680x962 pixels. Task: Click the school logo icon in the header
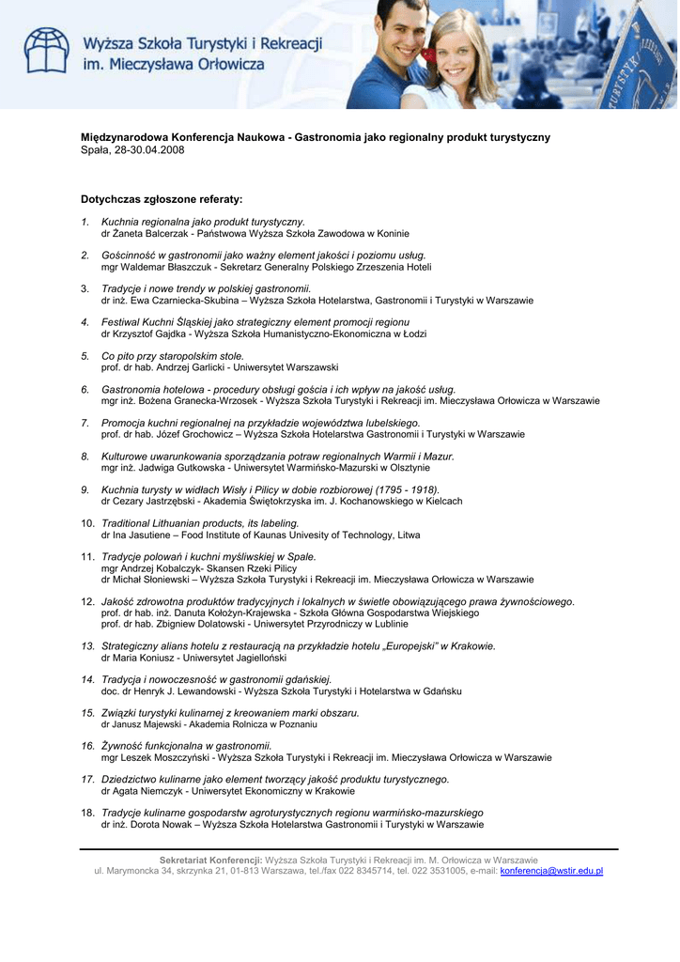[x=47, y=51]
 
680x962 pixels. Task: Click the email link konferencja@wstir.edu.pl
[x=551, y=871]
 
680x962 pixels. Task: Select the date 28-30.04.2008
[x=148, y=150]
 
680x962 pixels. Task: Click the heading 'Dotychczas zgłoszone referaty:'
[x=162, y=199]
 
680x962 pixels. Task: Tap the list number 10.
[x=87, y=522]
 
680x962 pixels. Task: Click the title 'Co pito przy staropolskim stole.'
[x=172, y=356]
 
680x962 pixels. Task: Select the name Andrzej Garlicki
[x=180, y=367]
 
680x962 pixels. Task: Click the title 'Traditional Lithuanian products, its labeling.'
[x=200, y=522]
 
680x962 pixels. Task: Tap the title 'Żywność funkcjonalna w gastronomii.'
[x=186, y=745]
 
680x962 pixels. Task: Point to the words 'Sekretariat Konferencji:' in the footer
[x=211, y=860]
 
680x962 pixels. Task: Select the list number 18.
[x=87, y=813]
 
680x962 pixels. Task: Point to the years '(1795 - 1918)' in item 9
[x=407, y=489]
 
